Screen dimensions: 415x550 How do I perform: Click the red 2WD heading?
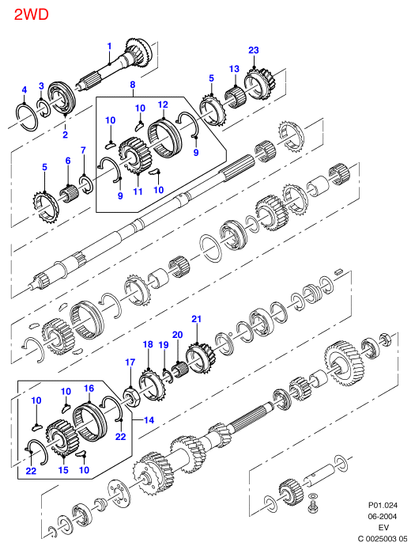click(31, 14)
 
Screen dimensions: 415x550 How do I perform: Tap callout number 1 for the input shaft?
click(109, 47)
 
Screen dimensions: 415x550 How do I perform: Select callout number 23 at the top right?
click(254, 50)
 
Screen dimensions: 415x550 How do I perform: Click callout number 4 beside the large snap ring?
click(25, 90)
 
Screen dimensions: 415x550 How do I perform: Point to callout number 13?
click(234, 69)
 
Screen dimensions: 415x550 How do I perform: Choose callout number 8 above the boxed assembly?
click(133, 85)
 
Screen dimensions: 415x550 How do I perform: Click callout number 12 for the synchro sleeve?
click(163, 104)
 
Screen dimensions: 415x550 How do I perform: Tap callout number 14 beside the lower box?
click(149, 420)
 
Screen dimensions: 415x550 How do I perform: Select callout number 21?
click(197, 319)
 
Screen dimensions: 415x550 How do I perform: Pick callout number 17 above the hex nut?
click(130, 362)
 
